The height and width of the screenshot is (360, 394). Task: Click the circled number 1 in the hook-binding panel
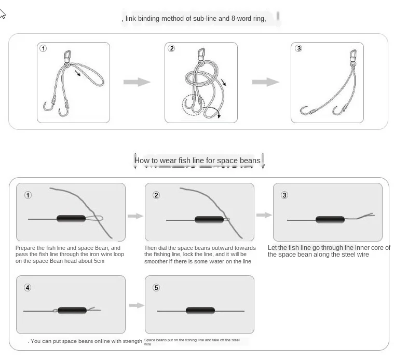44,48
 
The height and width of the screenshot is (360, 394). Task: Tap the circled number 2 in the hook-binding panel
171,48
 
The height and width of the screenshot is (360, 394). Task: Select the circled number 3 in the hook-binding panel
298,48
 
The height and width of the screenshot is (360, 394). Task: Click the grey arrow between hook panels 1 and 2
137,82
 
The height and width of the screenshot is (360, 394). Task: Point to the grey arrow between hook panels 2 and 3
265,82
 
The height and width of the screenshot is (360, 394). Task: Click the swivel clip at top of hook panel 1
68,56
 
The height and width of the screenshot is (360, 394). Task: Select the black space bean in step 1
71,219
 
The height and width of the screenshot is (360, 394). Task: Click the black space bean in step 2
209,220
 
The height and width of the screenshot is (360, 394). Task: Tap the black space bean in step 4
71,311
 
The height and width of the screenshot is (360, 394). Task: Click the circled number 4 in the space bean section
28,287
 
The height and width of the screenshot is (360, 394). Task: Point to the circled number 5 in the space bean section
156,287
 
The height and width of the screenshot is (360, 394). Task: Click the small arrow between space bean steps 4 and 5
136,305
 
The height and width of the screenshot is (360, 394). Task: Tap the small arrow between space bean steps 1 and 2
135,216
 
